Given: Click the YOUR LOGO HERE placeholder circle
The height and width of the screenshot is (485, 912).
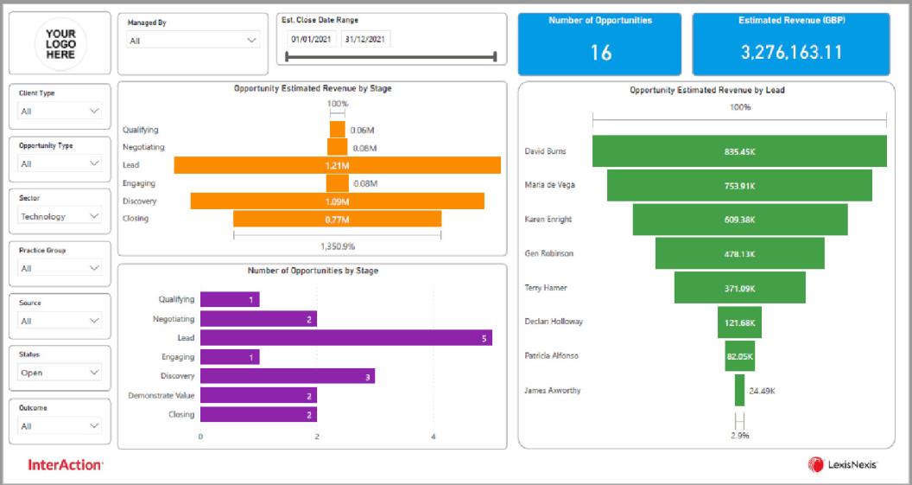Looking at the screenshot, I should tap(60, 43).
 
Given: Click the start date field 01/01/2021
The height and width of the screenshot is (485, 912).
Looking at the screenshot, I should tap(312, 39).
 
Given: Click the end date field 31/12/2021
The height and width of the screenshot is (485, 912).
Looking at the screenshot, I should tap(366, 39).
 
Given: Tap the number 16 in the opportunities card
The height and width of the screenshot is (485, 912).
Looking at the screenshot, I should tap(600, 53).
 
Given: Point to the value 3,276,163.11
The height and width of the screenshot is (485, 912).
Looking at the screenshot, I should tap(790, 53).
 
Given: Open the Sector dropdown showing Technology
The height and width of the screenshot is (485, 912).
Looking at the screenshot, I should tap(60, 216).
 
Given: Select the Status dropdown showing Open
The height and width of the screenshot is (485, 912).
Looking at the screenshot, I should tap(60, 373).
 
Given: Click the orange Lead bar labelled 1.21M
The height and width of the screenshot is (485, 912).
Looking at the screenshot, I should tap(337, 165).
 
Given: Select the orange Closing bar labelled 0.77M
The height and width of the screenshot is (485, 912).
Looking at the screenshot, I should tap(337, 219).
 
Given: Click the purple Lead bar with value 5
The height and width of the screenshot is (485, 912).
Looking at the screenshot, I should tap(345, 338).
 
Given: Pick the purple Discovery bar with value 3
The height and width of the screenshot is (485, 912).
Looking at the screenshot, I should tap(287, 376).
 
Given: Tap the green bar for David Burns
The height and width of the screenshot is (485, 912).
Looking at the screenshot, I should tap(739, 151).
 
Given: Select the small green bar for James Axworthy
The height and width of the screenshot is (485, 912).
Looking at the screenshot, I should tap(739, 390).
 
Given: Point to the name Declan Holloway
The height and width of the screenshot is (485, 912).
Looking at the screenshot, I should tap(554, 322).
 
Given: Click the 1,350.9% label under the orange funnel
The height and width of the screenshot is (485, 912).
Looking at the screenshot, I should tap(337, 246).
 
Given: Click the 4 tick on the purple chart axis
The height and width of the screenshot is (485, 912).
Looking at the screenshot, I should tap(434, 437).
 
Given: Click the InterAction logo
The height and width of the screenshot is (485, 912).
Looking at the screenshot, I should tap(66, 465).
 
